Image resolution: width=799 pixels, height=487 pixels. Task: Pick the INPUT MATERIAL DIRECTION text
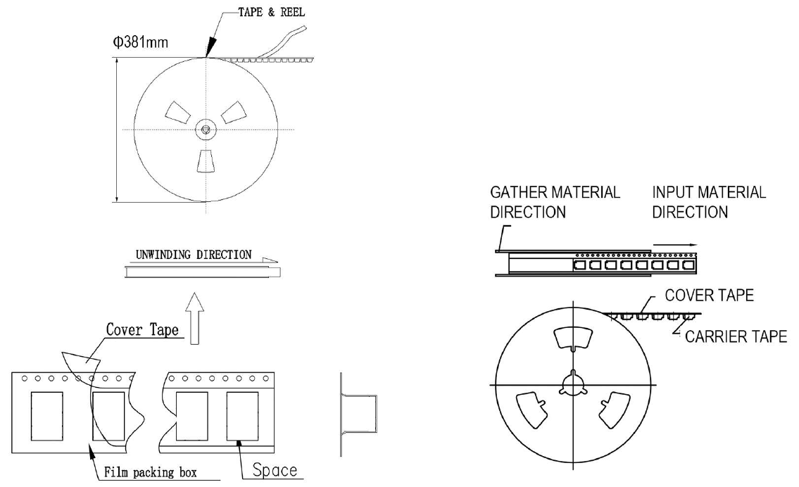coord(709,202)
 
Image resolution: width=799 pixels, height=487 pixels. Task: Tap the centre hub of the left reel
coord(205,129)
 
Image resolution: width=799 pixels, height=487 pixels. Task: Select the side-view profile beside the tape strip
coord(360,415)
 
